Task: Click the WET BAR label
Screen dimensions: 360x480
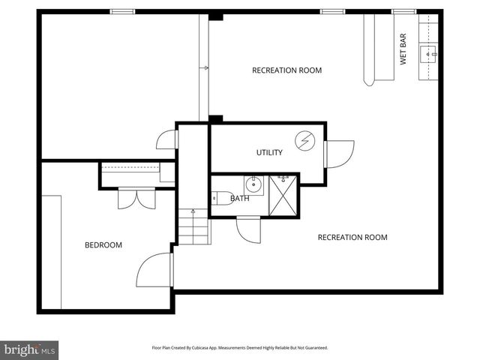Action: point(403,48)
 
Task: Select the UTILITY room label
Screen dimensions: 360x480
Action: point(269,153)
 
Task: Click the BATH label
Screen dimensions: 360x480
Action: point(240,199)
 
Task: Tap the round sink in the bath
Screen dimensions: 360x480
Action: point(253,183)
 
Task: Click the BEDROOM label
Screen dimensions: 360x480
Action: point(103,245)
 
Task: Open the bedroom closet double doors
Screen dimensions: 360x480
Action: point(136,198)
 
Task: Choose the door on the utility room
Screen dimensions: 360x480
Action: point(338,154)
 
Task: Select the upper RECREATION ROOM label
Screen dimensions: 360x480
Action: point(286,70)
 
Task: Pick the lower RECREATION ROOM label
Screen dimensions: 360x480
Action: point(352,238)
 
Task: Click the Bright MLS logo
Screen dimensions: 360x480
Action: point(29,349)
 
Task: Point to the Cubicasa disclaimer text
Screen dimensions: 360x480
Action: point(240,348)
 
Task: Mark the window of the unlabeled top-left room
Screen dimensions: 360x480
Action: point(121,11)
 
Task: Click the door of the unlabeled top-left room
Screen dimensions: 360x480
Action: point(166,139)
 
